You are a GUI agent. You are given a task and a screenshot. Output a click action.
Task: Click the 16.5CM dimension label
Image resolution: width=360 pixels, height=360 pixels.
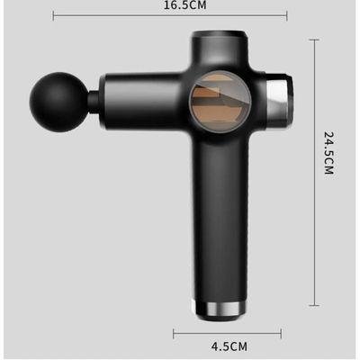[184, 5]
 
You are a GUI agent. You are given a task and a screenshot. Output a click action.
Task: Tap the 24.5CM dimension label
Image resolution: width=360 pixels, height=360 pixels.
[329, 152]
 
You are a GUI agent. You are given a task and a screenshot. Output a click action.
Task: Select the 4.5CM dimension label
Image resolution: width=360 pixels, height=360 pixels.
[229, 346]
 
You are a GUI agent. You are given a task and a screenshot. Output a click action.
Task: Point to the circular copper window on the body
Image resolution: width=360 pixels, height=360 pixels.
[220, 103]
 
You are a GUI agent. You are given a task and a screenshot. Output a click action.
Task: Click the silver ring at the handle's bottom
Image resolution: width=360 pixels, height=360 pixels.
[220, 309]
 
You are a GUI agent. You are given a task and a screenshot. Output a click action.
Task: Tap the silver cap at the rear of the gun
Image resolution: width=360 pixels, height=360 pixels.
[279, 100]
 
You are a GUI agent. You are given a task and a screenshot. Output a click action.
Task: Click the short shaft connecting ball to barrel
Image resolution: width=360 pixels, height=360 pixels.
[94, 102]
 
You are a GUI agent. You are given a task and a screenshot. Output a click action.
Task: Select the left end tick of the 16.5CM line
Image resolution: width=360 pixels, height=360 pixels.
[53, 16]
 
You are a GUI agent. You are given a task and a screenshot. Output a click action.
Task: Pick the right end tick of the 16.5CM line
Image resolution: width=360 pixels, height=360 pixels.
[287, 16]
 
